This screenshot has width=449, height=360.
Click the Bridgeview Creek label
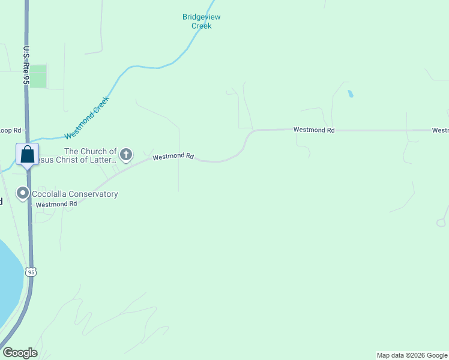tap(197, 21)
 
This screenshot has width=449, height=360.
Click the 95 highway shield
tap(31, 272)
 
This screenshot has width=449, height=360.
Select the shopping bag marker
tap(27, 155)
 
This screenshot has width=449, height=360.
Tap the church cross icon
tap(126, 155)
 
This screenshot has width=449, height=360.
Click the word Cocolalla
tap(52, 194)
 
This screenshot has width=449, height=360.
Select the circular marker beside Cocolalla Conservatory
tap(23, 193)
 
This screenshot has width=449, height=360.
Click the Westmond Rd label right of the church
tap(173, 157)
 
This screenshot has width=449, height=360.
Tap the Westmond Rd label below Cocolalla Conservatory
tap(56, 204)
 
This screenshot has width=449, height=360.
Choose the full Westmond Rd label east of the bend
tap(313, 130)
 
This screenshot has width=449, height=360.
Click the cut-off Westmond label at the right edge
tap(440, 130)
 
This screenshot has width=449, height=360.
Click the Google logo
tap(20, 353)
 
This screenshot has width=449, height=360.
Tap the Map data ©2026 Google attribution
tap(412, 355)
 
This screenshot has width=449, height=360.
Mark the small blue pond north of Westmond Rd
tap(350, 94)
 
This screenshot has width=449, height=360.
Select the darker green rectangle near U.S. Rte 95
tap(38, 76)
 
